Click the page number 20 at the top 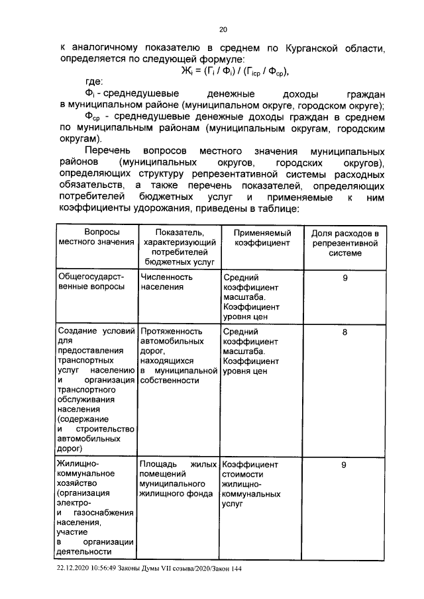[x=223, y=29]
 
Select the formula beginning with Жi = [x=236, y=71]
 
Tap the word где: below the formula [x=89, y=82]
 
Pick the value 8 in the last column [x=344, y=333]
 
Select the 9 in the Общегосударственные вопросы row [x=344, y=278]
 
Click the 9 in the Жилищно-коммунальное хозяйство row [x=344, y=465]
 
